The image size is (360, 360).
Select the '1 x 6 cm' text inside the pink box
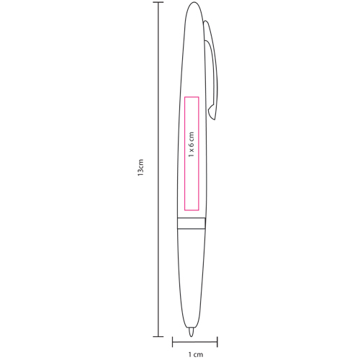pos(192,145)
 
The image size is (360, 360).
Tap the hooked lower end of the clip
pos(210,112)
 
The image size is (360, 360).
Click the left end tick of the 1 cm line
pos(172,342)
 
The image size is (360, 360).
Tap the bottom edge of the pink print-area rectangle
pos(192,210)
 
